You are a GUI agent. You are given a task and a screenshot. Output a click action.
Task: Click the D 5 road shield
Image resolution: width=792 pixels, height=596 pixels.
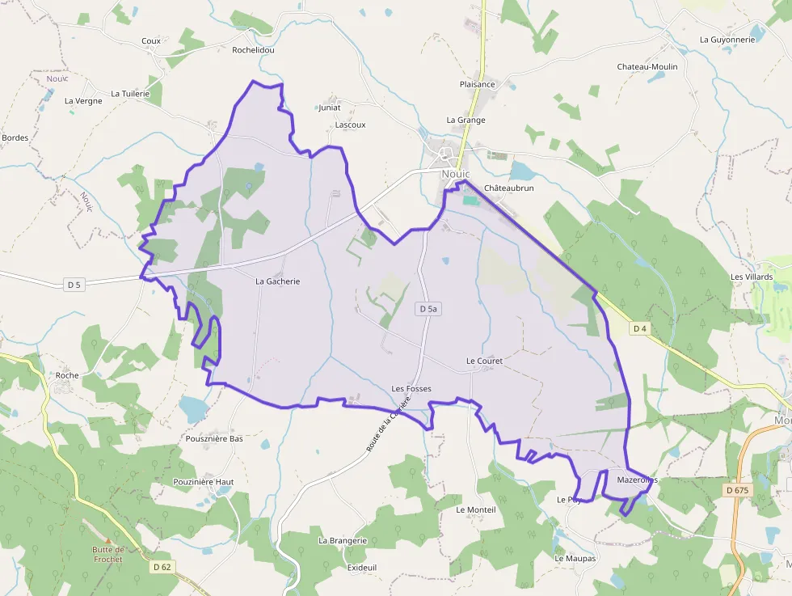(74, 284)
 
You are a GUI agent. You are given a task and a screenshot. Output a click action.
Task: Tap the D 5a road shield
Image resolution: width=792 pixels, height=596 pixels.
(428, 309)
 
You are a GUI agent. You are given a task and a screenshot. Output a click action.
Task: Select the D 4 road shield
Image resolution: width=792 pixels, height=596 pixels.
(640, 328)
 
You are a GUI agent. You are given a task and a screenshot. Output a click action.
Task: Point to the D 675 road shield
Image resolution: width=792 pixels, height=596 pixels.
(736, 490)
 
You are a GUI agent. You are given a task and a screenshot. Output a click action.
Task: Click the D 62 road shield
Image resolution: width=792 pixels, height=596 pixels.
(161, 567)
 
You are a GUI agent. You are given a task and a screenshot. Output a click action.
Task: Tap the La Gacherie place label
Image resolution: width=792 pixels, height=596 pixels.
(277, 281)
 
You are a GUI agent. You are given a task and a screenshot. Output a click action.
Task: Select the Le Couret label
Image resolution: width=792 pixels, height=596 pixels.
(484, 361)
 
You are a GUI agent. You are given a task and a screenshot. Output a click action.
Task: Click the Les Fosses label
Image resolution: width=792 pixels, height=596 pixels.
(411, 389)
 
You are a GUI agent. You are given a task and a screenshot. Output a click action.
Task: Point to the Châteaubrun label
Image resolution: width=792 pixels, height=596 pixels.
(509, 188)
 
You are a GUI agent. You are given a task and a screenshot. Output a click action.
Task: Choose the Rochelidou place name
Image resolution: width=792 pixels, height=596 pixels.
(254, 49)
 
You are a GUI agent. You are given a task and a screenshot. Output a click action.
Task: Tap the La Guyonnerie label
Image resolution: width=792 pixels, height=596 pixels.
(727, 39)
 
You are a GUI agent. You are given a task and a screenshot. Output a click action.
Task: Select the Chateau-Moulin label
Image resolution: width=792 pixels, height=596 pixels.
(647, 66)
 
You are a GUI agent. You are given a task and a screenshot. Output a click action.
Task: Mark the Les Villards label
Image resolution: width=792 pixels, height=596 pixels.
(752, 277)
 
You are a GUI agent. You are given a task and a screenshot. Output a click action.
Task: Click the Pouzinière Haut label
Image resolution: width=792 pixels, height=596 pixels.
(204, 482)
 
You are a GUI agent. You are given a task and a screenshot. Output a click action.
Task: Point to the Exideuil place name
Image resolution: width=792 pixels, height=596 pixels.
(362, 568)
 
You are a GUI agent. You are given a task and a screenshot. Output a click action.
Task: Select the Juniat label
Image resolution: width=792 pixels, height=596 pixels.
(330, 108)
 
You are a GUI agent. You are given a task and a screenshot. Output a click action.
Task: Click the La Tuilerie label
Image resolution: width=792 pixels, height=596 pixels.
(131, 94)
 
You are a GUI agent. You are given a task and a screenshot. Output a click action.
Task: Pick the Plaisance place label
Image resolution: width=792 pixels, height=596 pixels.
(477, 84)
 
